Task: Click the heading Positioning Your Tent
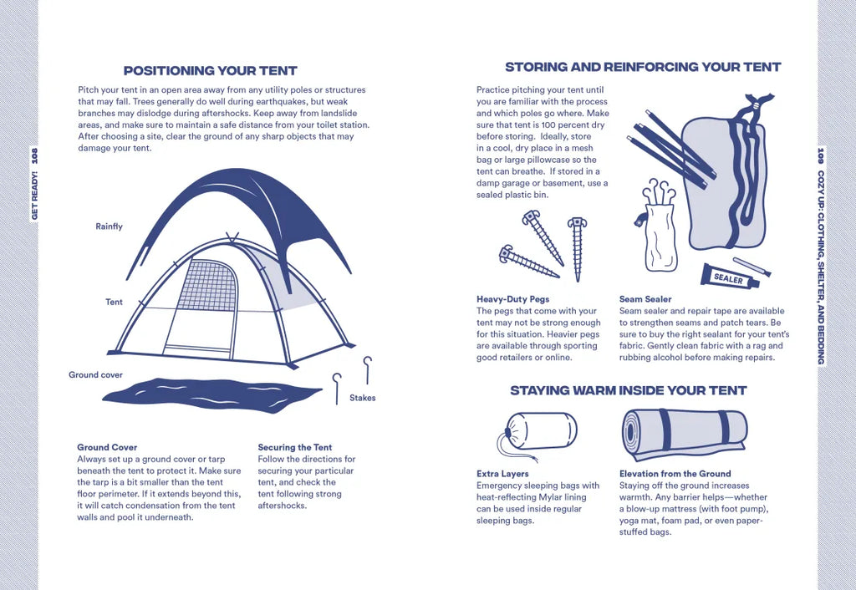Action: tap(210, 70)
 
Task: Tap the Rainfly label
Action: tap(110, 226)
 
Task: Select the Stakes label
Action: tap(363, 398)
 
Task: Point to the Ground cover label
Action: tap(95, 374)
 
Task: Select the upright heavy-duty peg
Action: tap(577, 248)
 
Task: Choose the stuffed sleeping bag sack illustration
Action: tap(538, 431)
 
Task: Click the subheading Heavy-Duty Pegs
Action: tap(512, 299)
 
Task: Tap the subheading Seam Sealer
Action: tap(645, 299)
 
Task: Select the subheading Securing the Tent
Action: tap(295, 447)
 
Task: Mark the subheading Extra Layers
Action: tap(502, 474)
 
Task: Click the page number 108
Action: tap(35, 156)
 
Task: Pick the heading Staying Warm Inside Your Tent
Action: tap(629, 390)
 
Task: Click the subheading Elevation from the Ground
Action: tap(675, 474)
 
